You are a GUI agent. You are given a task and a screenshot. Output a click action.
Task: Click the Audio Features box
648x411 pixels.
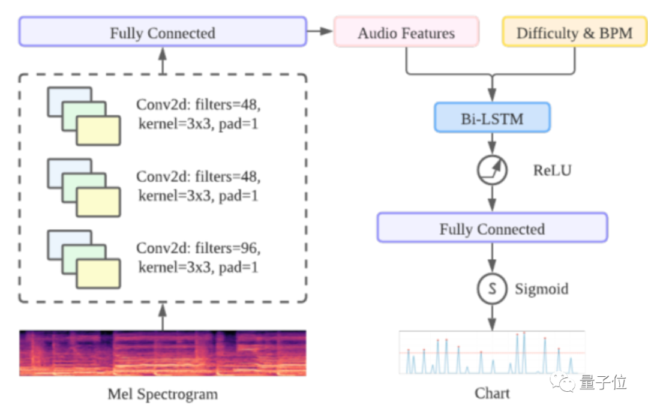coord(406,32)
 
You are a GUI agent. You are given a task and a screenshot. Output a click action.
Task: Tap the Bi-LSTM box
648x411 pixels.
coord(491,118)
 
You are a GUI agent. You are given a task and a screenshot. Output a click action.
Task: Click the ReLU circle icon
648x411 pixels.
coord(492,170)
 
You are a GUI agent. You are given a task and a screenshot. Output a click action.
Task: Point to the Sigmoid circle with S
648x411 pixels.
coord(492,289)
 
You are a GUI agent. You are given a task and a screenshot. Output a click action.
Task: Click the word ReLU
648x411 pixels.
coord(552,170)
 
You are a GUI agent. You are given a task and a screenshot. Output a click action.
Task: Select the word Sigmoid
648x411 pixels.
coord(541,289)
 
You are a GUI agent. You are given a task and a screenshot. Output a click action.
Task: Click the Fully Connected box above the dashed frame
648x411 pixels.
coord(162,32)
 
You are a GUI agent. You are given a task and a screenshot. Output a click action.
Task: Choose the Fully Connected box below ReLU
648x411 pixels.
coord(492,229)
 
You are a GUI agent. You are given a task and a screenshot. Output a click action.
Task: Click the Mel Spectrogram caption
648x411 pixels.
coord(163,394)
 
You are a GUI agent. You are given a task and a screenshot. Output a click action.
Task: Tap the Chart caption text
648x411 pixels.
coord(492,394)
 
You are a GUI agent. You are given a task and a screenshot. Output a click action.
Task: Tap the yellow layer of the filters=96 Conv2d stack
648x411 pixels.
coord(98,274)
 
